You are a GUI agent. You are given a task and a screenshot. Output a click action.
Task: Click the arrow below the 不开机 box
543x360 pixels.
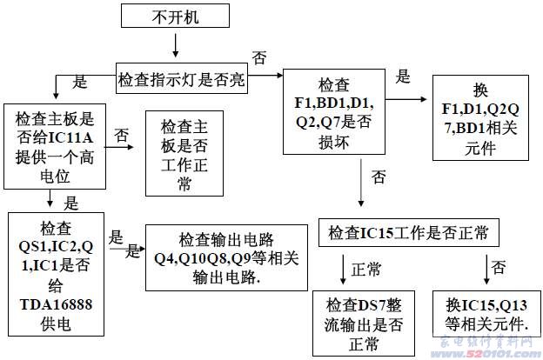coord(176,43)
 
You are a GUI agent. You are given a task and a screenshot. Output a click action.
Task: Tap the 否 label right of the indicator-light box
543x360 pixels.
coord(259,58)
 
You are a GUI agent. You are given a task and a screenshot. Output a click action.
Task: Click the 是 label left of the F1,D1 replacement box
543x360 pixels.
coord(403,77)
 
